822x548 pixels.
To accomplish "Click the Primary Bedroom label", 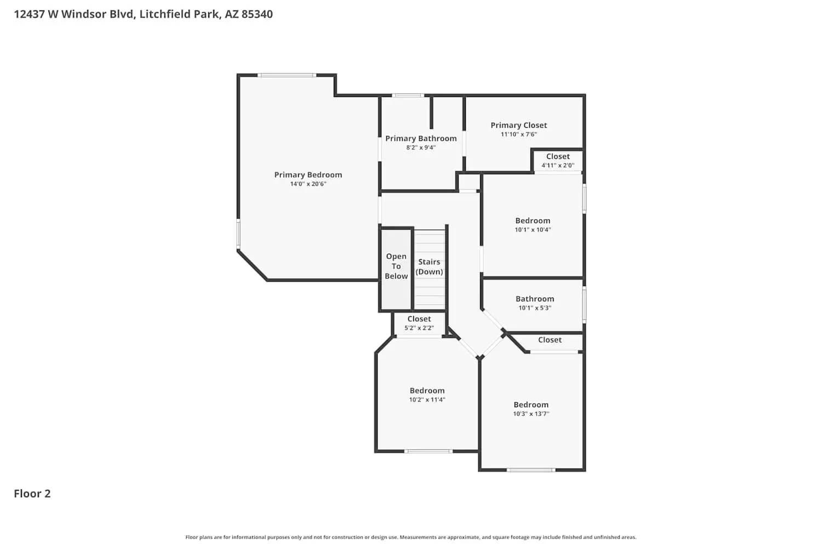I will pos(308,175).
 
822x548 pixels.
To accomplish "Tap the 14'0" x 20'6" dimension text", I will pos(308,184).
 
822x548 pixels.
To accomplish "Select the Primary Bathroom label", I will pos(421,139).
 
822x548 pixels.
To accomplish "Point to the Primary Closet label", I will pos(518,125).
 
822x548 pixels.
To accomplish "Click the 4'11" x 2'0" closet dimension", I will pos(558,165).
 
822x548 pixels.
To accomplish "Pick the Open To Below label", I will pos(396,266).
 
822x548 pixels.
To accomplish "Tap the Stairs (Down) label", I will pos(429,267).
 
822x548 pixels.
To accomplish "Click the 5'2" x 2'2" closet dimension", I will pos(419,328).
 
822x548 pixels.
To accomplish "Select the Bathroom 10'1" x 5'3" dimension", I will pos(535,308).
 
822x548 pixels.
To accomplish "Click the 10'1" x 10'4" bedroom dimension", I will pos(533,230).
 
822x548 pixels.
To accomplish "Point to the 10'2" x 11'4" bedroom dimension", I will pos(427,400).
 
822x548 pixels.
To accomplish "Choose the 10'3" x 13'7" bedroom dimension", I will pos(531,414).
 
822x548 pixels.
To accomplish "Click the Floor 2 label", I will pos(32,494).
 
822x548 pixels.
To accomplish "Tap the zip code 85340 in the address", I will pos(257,14).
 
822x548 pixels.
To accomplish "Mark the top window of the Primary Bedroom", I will pos(287,75).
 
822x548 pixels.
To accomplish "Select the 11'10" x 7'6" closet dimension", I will pos(518,134).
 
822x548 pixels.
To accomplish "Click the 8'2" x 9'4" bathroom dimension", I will pos(421,148).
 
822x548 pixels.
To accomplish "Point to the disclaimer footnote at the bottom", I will pos(411,538).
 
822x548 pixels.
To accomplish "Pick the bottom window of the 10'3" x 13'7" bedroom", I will pos(530,470).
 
